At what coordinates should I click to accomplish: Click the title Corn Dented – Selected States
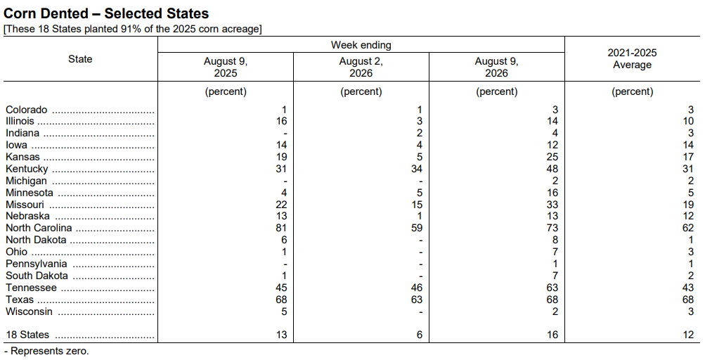tap(106, 13)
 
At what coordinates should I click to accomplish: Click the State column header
tap(80, 59)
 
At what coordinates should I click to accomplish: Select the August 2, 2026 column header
tap(361, 67)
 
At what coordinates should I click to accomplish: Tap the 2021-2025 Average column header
tap(632, 59)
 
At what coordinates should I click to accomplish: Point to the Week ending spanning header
tap(361, 45)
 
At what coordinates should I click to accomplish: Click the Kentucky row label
tap(27, 169)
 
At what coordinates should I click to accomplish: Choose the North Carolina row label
tap(39, 228)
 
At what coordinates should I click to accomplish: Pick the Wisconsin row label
tap(29, 311)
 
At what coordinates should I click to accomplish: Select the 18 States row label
tap(27, 335)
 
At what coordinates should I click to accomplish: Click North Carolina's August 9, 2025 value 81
tap(281, 228)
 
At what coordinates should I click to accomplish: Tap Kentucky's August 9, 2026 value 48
tap(552, 169)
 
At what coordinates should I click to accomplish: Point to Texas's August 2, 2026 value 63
tap(417, 300)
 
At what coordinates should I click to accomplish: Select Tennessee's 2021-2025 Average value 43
tap(688, 288)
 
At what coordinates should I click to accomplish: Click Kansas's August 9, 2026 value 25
tap(552, 157)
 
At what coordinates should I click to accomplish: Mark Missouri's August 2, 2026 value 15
tap(417, 205)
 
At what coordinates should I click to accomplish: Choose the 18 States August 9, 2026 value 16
tap(552, 335)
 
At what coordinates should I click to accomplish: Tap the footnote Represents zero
tap(46, 351)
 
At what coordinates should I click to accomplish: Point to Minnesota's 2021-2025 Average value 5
tap(691, 193)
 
